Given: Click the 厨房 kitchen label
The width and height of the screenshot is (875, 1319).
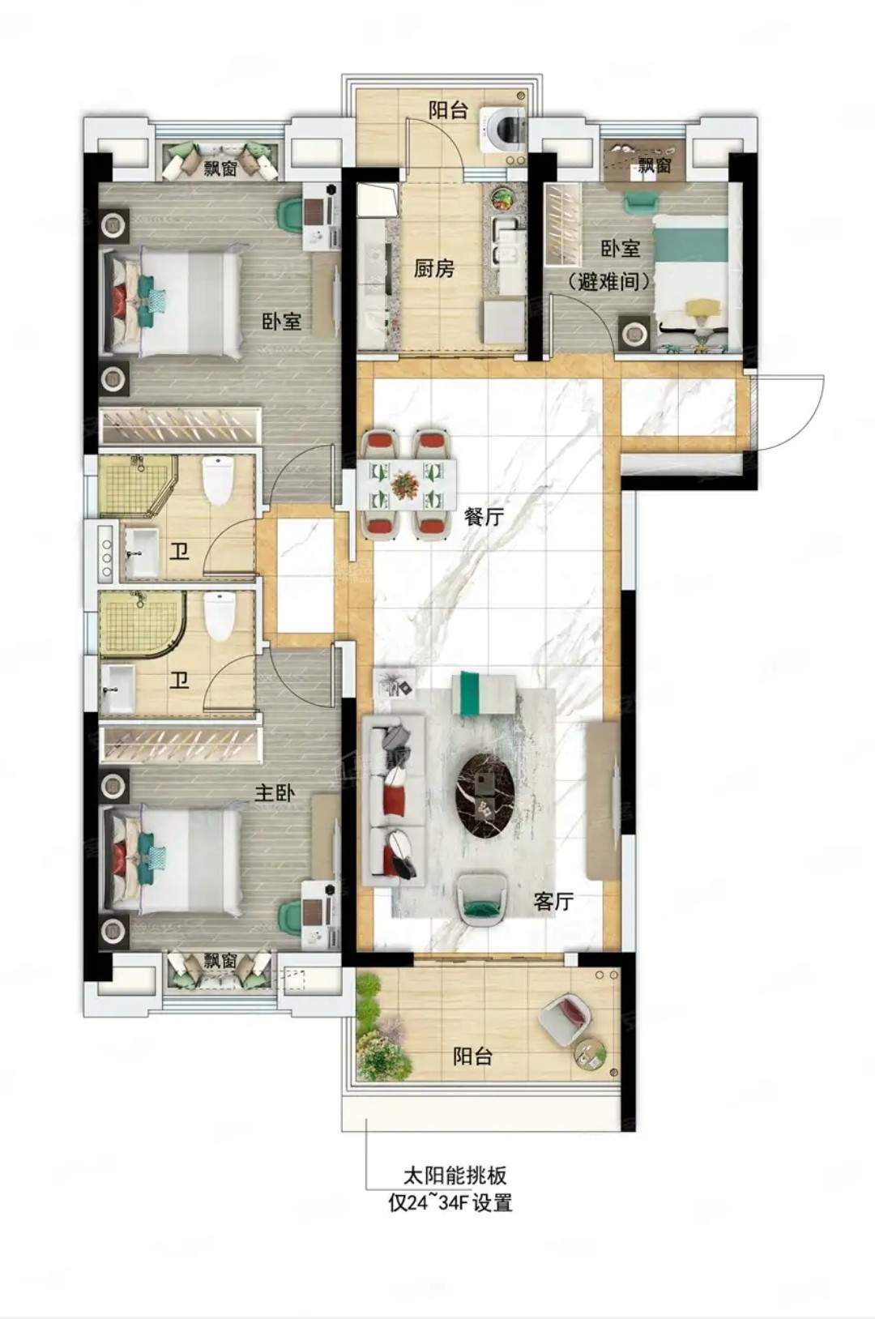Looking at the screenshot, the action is click(x=434, y=269).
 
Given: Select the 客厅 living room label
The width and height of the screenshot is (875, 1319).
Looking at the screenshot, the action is click(x=553, y=902).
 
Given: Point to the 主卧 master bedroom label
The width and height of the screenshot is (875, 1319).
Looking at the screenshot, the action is click(x=275, y=794).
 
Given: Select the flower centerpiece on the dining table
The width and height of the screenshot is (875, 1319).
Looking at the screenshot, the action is click(x=406, y=482).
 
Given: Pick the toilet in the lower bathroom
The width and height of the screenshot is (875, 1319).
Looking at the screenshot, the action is click(x=219, y=617).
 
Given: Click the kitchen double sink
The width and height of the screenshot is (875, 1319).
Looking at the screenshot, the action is click(x=506, y=238).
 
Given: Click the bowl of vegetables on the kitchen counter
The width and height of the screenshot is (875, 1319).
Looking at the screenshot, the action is click(x=503, y=197).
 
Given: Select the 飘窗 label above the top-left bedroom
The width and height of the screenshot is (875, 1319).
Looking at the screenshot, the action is click(x=221, y=169).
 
